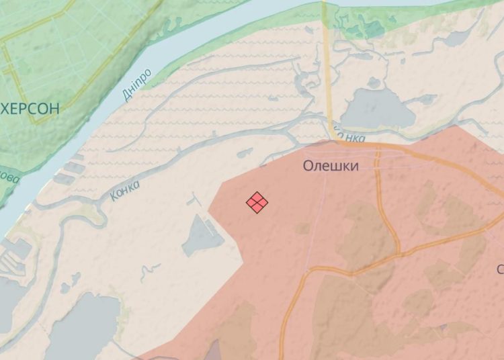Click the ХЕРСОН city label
(x=30, y=107)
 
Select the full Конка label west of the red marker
(x=124, y=191)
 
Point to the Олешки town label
(x=330, y=166)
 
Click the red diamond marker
(x=257, y=202)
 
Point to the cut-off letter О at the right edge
(x=500, y=269)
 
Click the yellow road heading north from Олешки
(x=327, y=67)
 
